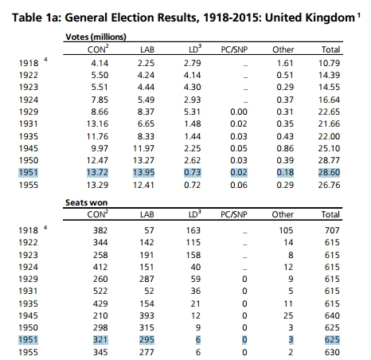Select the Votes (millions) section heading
pos(96,37)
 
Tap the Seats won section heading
pos(87,202)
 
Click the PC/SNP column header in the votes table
pos(234,49)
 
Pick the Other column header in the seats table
pos(283,214)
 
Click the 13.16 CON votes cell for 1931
pos(97,123)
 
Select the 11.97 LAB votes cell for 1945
pos(143,148)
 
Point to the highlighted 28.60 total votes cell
pos(329,173)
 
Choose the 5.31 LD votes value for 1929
pos(193,112)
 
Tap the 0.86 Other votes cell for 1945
pos(285,148)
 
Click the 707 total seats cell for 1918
pos(332,230)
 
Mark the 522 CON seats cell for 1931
pos(100,291)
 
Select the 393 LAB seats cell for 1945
pos(146,315)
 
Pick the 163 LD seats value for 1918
pos(193,230)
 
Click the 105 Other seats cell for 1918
pos(286,230)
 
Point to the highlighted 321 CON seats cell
pos(100,340)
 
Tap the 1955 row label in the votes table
pos(29,185)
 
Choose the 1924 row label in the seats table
pos(28,267)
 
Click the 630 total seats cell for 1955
pos(332,352)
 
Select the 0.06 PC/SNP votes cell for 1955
pos(239,185)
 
